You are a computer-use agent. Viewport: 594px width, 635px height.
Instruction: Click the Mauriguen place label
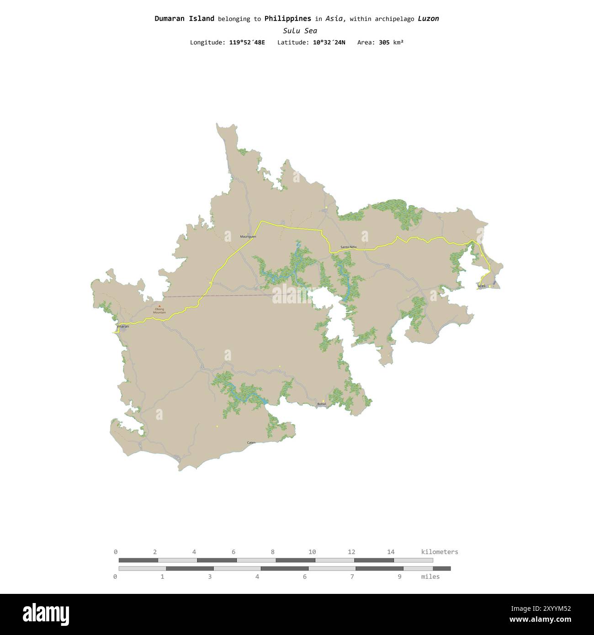(x=248, y=237)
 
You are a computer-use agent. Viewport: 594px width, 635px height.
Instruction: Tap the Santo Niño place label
(x=348, y=247)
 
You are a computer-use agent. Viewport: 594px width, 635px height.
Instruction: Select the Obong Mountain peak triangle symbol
(x=159, y=306)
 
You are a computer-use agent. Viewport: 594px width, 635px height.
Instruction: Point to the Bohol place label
(x=322, y=404)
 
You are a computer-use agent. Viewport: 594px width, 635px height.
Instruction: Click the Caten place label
(x=251, y=443)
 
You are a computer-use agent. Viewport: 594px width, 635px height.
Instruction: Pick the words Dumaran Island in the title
(x=184, y=19)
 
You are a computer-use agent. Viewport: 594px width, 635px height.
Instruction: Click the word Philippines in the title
(x=287, y=19)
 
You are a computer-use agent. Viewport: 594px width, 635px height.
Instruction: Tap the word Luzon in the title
(x=428, y=19)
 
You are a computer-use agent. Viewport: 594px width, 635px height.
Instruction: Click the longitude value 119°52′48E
(x=247, y=42)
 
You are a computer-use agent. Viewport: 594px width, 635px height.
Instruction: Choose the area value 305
(x=384, y=42)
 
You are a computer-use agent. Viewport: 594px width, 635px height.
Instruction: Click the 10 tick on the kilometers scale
(x=312, y=552)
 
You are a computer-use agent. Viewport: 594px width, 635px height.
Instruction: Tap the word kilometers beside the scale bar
(x=439, y=552)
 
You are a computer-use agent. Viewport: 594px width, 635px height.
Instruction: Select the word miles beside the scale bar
(x=430, y=577)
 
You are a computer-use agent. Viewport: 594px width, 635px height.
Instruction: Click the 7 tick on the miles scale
(x=352, y=577)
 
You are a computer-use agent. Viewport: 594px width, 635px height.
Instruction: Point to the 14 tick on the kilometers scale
(x=391, y=552)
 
